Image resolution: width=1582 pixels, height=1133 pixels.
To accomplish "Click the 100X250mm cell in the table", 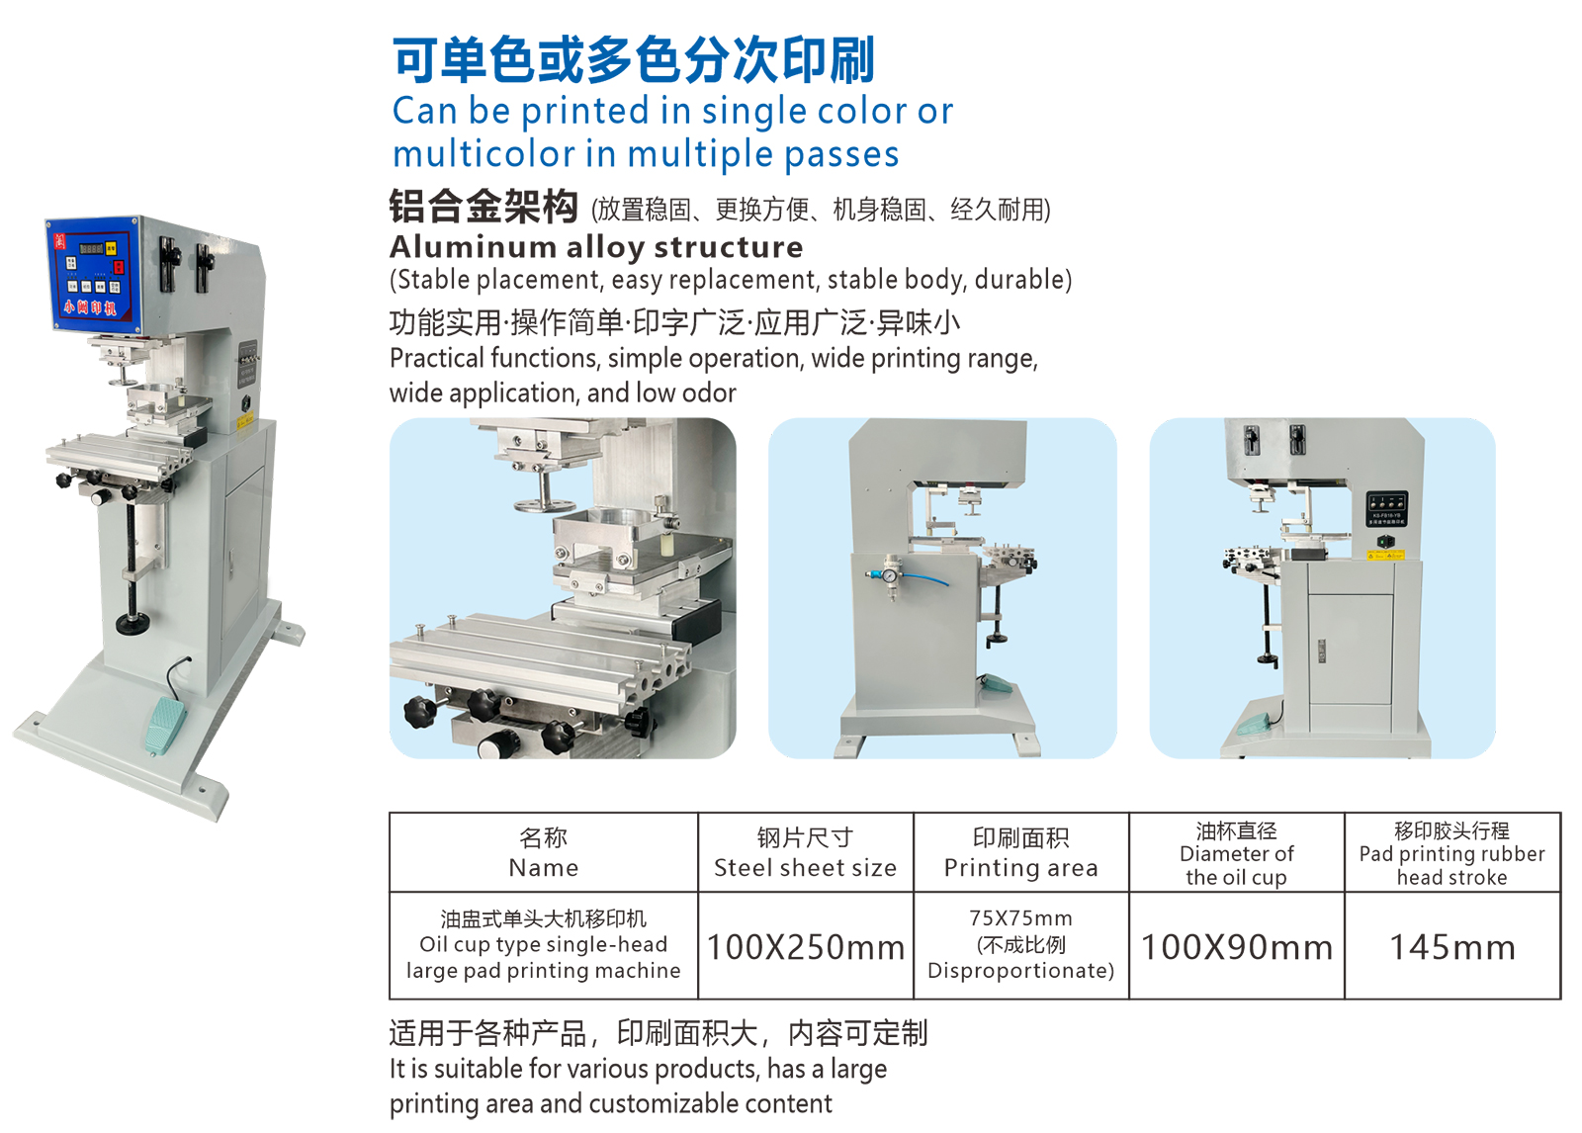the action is click(805, 947).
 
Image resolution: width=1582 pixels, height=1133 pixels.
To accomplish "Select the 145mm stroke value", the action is click(1452, 947).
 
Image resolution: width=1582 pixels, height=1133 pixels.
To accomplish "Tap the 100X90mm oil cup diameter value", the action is click(1236, 947).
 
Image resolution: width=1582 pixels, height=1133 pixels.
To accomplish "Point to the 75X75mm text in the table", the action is click(1020, 918).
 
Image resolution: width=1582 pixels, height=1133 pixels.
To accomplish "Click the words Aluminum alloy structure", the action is click(596, 247).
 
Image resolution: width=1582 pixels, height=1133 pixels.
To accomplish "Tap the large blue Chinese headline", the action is click(634, 59).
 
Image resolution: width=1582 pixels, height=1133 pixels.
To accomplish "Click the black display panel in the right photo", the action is click(1387, 508).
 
